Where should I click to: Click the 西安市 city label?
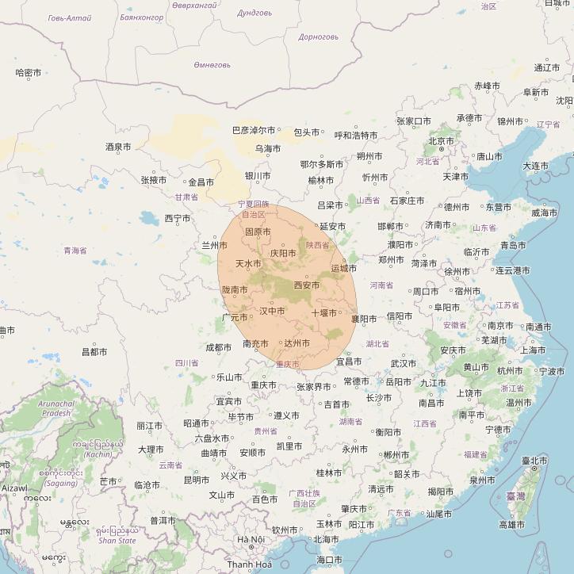pyautogui.click(x=307, y=284)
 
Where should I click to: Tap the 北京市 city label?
pyautogui.click(x=441, y=141)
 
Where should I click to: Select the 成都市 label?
pyautogui.click(x=219, y=347)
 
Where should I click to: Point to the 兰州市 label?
pyautogui.click(x=215, y=246)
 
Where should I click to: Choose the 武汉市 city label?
pyautogui.click(x=403, y=364)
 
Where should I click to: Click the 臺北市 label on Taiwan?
pyautogui.click(x=534, y=460)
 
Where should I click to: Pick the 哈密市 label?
pyautogui.click(x=29, y=73)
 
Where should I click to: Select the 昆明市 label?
pyautogui.click(x=197, y=480)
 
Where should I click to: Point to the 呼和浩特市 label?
pyautogui.click(x=356, y=136)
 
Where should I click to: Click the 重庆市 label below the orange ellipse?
pyautogui.click(x=263, y=385)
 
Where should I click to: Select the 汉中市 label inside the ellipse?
pyautogui.click(x=272, y=312)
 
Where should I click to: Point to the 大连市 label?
pyautogui.click(x=535, y=166)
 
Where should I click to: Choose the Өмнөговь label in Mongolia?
pyautogui.click(x=212, y=65)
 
